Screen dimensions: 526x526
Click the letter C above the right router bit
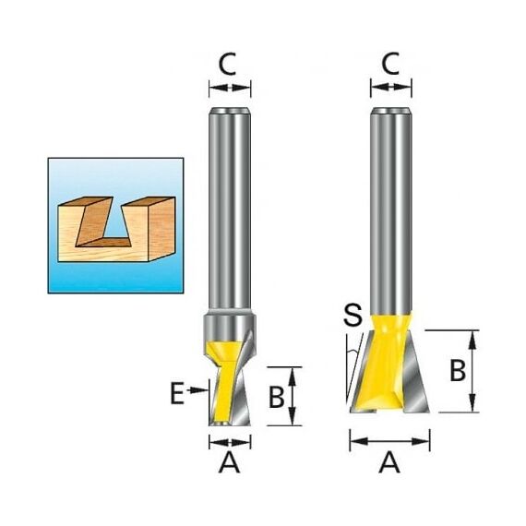coord(390,64)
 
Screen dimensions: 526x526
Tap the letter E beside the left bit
coord(177,395)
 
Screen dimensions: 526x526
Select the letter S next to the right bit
coord(353,315)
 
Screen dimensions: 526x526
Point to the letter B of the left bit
coord(277,397)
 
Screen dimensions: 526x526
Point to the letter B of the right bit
coord(458,371)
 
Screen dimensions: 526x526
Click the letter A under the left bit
coord(230,462)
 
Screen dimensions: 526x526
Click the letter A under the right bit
coord(389,462)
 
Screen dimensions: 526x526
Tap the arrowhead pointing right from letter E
coord(199,389)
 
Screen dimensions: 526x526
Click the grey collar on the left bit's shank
coord(230,327)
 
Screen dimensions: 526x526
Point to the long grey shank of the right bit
coord(391,211)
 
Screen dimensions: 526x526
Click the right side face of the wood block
coord(161,229)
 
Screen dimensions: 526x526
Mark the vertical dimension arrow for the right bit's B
coord(473,371)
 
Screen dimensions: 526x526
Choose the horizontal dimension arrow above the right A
coord(389,441)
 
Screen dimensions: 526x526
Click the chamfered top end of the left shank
coord(230,111)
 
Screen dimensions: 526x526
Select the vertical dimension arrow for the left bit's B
coord(293,397)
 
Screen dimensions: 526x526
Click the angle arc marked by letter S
coord(352,352)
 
